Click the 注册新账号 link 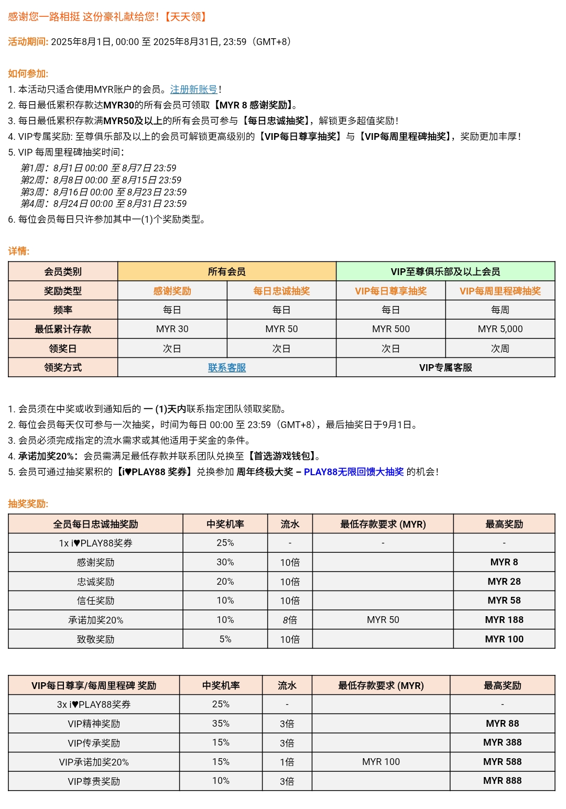(x=193, y=90)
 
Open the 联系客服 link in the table (x=226, y=368)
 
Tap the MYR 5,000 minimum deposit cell (x=500, y=329)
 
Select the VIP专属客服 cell (x=445, y=368)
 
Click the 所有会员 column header (x=226, y=271)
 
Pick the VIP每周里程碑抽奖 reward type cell (x=500, y=291)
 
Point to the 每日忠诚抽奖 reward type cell (x=281, y=291)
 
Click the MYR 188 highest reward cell (x=504, y=620)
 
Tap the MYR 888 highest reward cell (x=502, y=781)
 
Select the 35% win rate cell (x=221, y=724)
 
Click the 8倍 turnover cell (x=290, y=620)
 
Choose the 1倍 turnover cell (x=287, y=762)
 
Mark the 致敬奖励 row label (x=95, y=639)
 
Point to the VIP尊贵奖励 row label (x=94, y=781)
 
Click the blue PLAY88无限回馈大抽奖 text (x=354, y=472)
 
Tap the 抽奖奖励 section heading (x=28, y=504)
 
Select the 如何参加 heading (x=28, y=74)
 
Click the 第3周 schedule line (x=103, y=192)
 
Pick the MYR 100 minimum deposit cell (x=381, y=762)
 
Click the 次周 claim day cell (x=500, y=348)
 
